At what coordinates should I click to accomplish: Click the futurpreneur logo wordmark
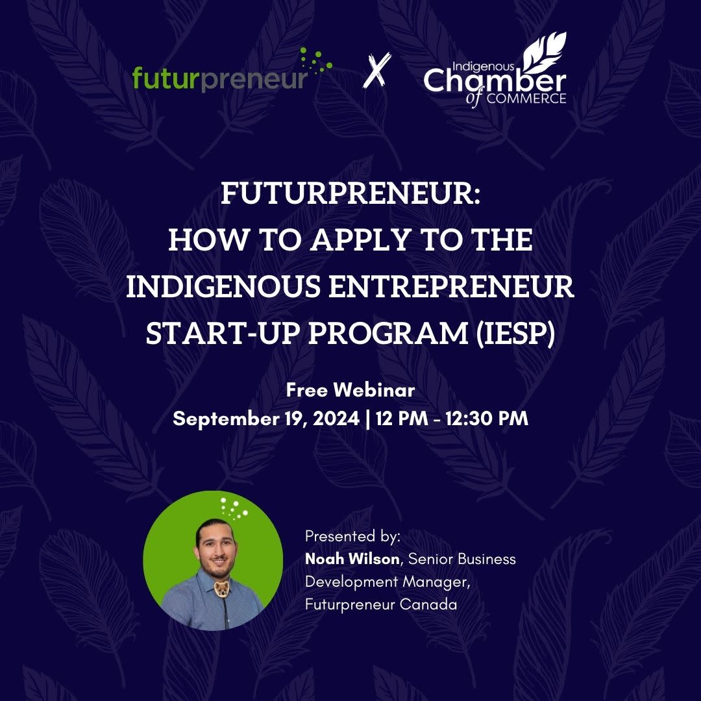(x=219, y=79)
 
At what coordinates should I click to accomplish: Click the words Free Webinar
(x=350, y=391)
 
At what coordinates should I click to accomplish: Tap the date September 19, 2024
(x=265, y=419)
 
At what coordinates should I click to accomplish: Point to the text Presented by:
(x=353, y=537)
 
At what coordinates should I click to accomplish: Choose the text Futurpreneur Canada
(x=381, y=604)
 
